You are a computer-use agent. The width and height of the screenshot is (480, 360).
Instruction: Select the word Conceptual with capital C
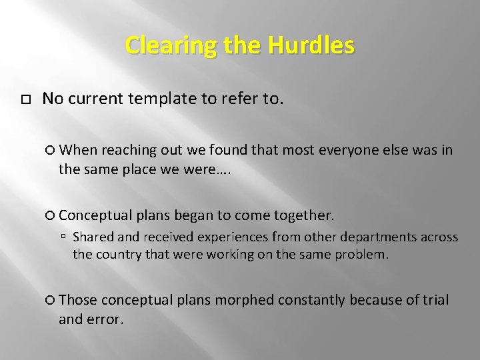click(x=95, y=216)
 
